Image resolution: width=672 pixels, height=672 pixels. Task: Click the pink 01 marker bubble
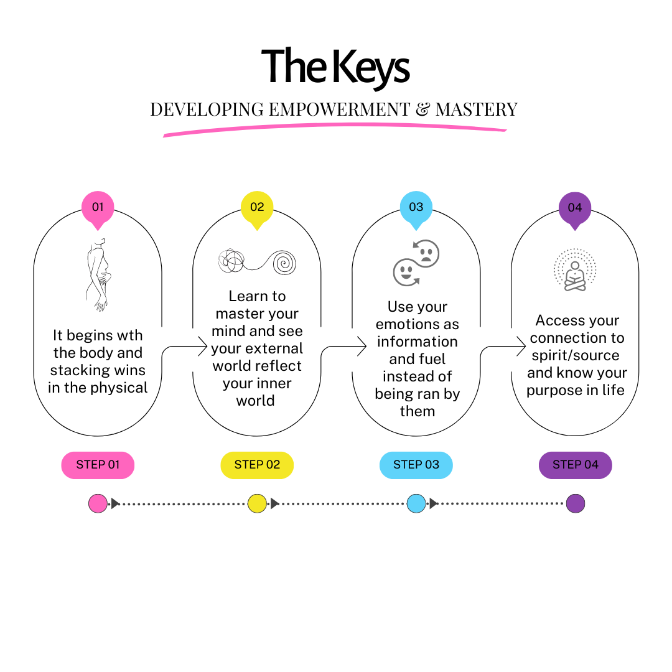[98, 208]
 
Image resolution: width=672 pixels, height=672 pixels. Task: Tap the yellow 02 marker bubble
[257, 208]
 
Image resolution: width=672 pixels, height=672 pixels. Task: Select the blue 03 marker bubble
[416, 208]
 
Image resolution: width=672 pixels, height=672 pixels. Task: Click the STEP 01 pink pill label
[98, 465]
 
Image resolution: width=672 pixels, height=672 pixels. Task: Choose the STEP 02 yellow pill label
[257, 465]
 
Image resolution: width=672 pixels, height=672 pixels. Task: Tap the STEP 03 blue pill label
[416, 465]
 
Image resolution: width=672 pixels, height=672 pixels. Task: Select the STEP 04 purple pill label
[575, 465]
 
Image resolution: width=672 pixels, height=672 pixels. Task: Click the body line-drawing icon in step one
[98, 274]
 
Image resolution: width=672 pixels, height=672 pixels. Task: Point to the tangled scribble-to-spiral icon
[257, 261]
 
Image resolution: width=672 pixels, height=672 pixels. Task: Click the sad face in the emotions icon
[426, 253]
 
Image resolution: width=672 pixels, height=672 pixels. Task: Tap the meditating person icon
[575, 271]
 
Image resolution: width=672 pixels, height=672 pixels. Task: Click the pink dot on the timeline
[98, 503]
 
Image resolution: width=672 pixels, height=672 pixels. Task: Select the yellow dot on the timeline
[257, 503]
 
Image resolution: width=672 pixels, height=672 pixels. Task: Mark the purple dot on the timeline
[575, 503]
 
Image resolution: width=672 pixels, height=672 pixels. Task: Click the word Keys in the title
[371, 68]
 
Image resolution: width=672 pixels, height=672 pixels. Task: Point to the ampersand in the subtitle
[422, 110]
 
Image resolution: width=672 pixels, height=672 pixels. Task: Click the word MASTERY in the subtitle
[477, 110]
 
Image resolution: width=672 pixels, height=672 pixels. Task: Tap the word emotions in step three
[418, 324]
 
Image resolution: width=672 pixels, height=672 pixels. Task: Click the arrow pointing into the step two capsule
[184, 347]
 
